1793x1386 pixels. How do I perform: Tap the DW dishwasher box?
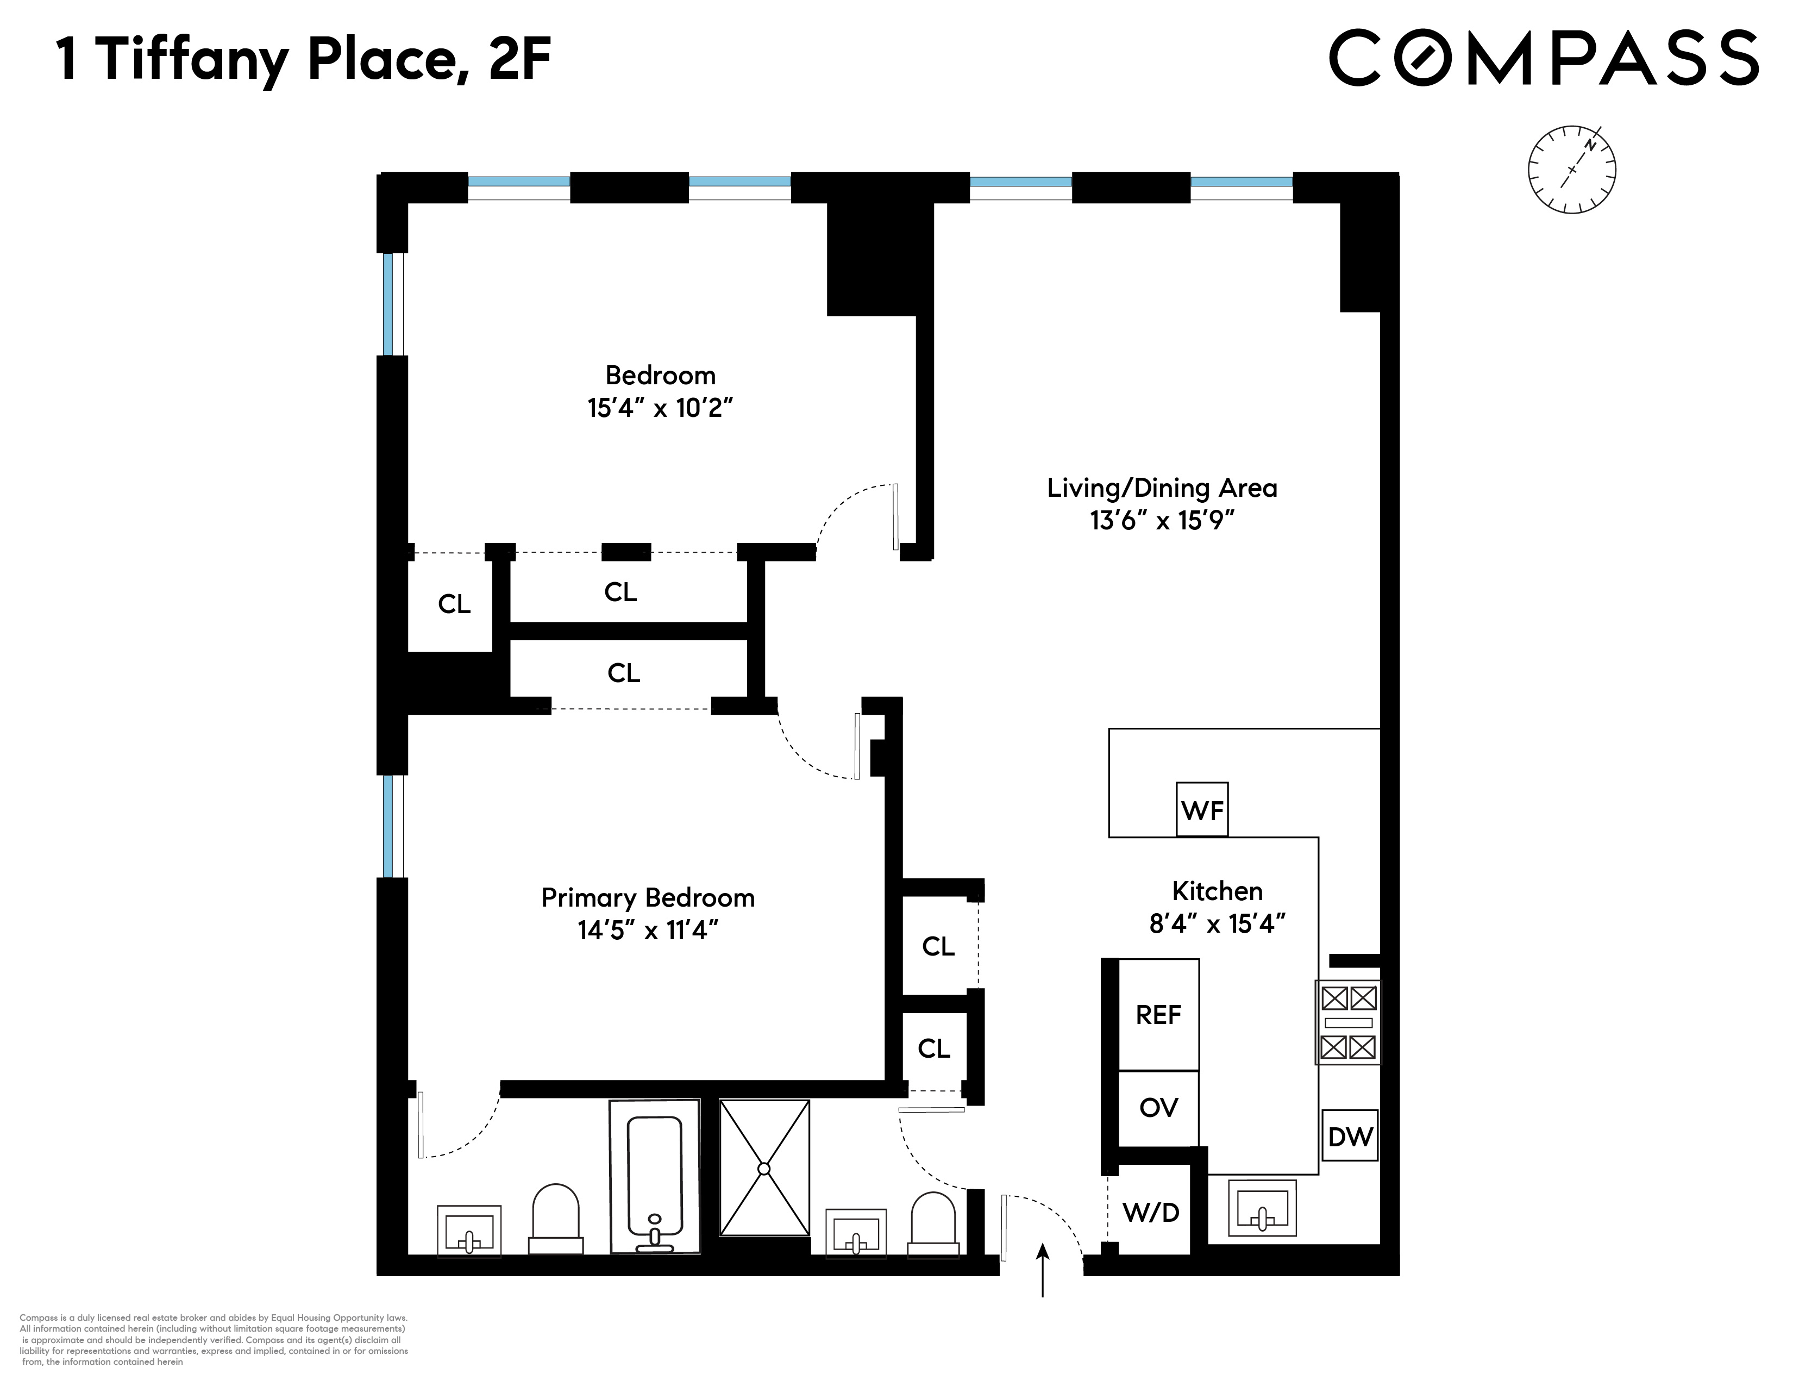click(1350, 1137)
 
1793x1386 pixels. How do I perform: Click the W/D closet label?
click(1150, 1212)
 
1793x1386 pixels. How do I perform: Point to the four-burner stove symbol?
click(1348, 1022)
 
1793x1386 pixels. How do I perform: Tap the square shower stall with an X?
click(764, 1168)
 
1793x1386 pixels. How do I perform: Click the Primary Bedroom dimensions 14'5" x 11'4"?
click(648, 931)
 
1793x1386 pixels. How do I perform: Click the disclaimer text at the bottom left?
click(214, 1339)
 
